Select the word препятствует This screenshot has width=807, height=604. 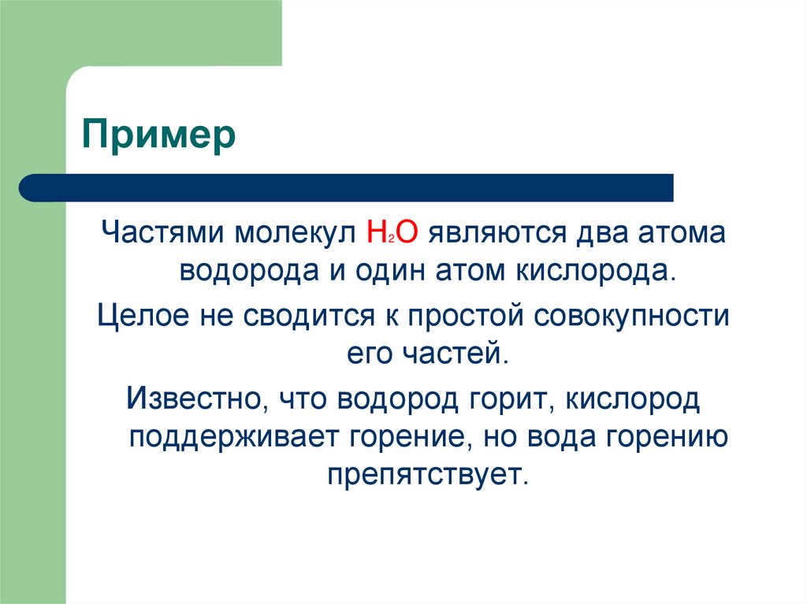[x=424, y=476]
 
